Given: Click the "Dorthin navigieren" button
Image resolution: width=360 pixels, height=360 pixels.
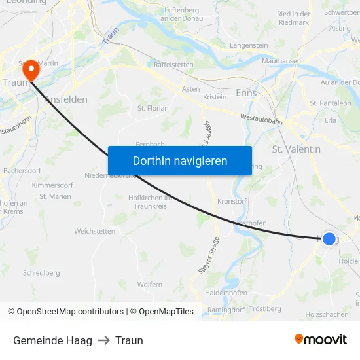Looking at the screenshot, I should coord(180,160).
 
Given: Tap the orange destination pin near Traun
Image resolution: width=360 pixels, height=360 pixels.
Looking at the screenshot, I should coord(31,70).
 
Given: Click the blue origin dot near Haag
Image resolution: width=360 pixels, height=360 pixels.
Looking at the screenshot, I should coord(329,239).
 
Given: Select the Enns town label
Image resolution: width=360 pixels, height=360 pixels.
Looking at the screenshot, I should coord(246,93).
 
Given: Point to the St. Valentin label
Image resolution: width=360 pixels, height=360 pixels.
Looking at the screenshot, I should coord(296,149).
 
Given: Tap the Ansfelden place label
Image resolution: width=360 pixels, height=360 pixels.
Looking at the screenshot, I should coord(65,99).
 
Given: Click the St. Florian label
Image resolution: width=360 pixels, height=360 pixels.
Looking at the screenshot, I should coord(153,108).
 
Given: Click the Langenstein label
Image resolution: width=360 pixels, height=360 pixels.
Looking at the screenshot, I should coord(249,45).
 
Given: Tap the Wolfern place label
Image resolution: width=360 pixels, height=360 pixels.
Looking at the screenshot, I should coord(150,285).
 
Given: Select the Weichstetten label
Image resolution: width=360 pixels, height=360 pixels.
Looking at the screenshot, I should coord(94,231).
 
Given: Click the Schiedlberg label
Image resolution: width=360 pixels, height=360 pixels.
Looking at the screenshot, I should coord(41,272).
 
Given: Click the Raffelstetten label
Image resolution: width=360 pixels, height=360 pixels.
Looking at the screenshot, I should coord(173,65).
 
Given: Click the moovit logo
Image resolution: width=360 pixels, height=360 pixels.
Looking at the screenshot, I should coord(321,339).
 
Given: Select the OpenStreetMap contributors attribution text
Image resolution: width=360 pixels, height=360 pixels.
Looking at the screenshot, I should coord(65,312).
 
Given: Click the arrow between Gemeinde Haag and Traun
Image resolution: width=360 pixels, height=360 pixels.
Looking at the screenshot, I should coord(103,340).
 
